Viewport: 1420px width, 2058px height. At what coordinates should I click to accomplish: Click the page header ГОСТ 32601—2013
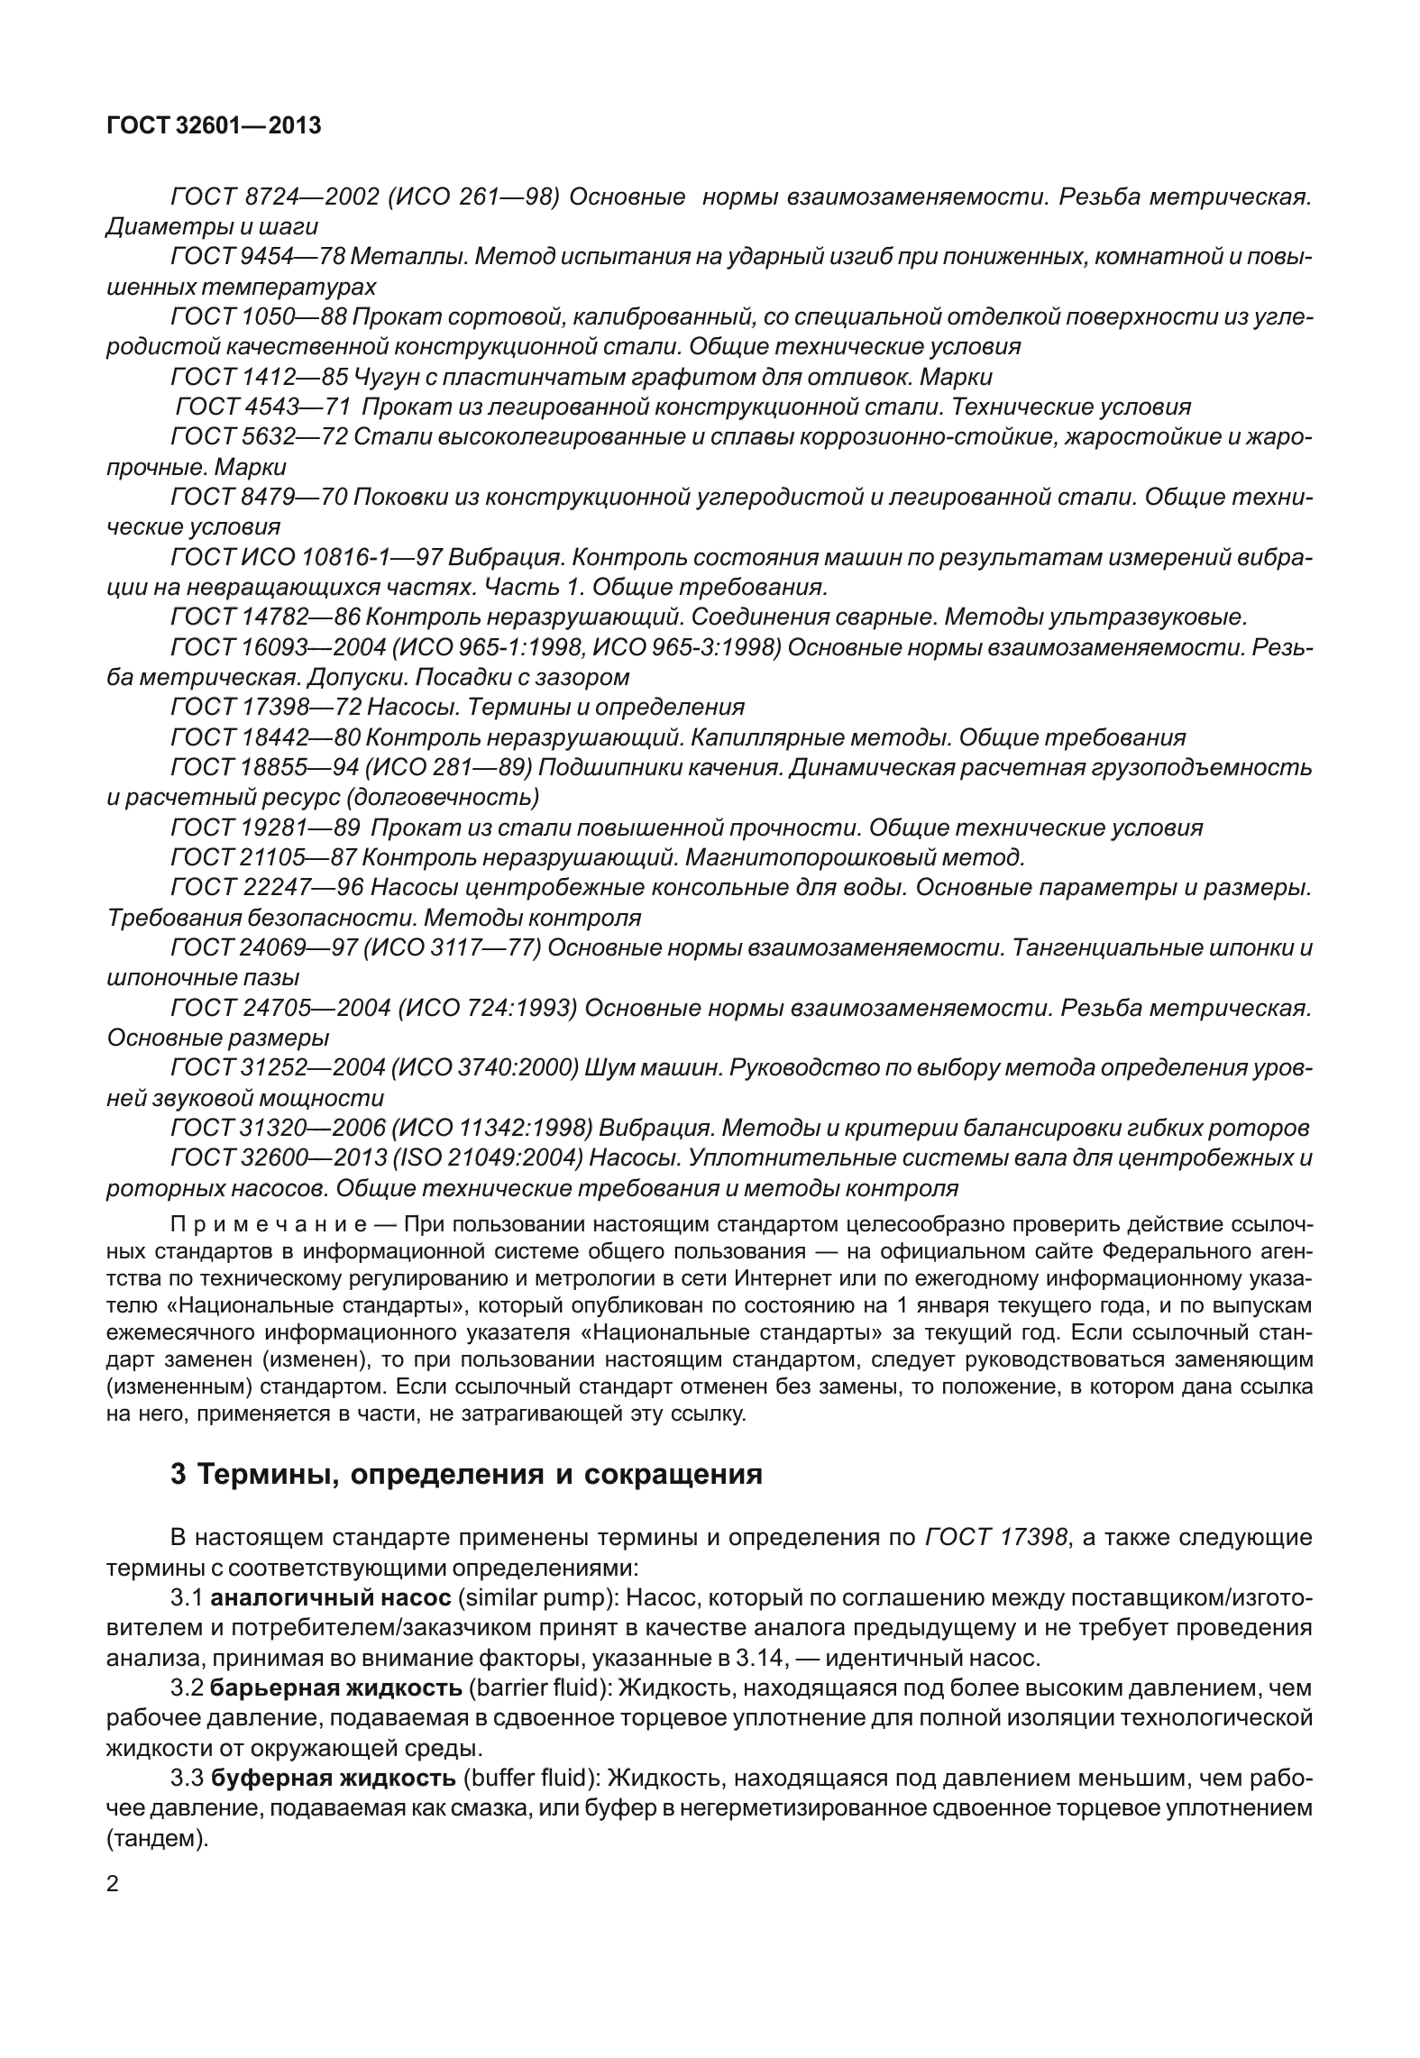(x=214, y=126)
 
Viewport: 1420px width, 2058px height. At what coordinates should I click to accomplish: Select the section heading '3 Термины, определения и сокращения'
(x=466, y=1474)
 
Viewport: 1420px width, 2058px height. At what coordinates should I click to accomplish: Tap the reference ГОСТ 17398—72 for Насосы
(x=266, y=707)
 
